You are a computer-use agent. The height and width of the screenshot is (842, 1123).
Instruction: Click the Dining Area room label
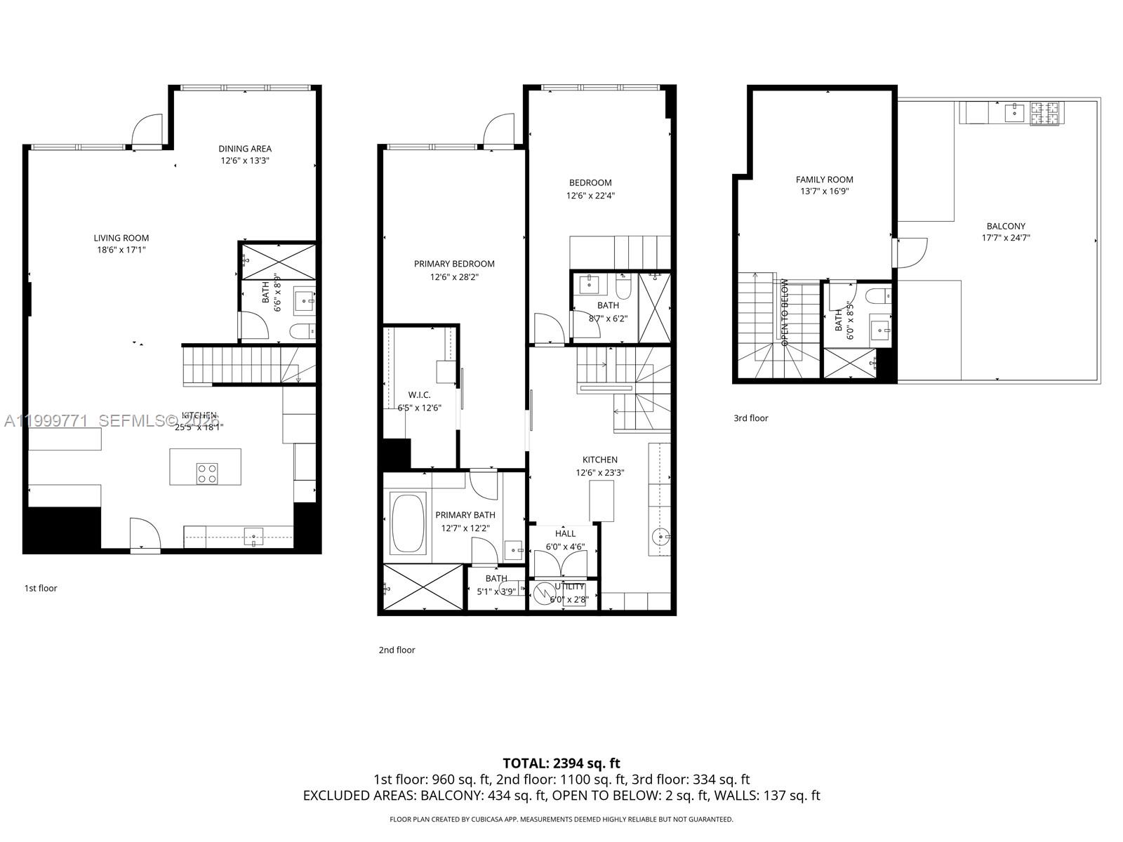[244, 149]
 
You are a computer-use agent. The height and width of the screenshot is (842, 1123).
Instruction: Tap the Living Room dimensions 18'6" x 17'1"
[121, 250]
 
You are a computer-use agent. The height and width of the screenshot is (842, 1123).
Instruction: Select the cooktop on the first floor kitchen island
[207, 474]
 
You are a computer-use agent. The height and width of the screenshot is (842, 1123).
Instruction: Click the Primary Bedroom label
[454, 264]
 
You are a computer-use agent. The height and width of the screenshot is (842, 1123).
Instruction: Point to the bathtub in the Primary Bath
[408, 523]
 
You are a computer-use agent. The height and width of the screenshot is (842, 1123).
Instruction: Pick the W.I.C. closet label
[419, 395]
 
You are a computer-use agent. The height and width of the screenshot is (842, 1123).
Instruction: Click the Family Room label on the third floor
[825, 180]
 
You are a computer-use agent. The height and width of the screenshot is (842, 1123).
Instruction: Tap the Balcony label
[1006, 227]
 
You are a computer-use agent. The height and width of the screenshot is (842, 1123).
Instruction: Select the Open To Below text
[785, 313]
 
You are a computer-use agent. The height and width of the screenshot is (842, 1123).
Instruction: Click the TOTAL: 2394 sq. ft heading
[561, 763]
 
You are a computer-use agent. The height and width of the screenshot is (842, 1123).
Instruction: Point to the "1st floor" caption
[41, 588]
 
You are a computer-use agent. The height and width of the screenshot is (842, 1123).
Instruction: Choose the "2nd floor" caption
[397, 650]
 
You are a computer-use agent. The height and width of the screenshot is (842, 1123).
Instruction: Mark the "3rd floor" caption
[751, 418]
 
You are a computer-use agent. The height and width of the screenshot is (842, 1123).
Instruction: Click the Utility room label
[569, 587]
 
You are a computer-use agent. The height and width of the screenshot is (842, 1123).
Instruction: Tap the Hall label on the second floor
[565, 534]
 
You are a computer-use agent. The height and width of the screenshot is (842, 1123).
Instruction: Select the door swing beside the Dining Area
[148, 130]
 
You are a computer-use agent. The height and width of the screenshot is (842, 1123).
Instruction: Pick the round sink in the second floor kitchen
[660, 537]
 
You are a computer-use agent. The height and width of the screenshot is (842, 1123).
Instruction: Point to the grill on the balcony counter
[1045, 113]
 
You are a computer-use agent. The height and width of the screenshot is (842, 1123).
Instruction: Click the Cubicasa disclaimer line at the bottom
[561, 819]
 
